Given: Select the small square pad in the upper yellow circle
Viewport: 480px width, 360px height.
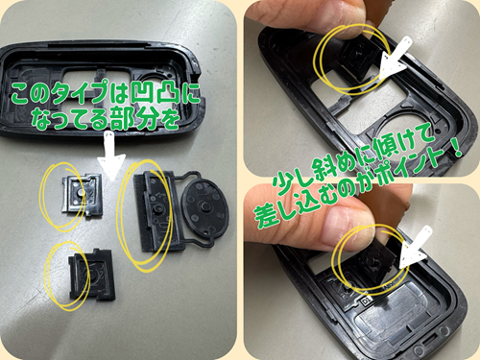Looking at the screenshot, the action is click(x=82, y=194).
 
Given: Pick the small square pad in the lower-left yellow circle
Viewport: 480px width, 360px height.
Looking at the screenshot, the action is click(x=91, y=274).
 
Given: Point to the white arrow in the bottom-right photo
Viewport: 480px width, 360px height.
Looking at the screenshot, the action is click(x=414, y=248).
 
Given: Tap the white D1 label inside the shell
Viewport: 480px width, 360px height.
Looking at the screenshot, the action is click(x=365, y=300).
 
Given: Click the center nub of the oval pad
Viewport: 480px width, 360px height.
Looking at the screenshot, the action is click(x=203, y=205).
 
